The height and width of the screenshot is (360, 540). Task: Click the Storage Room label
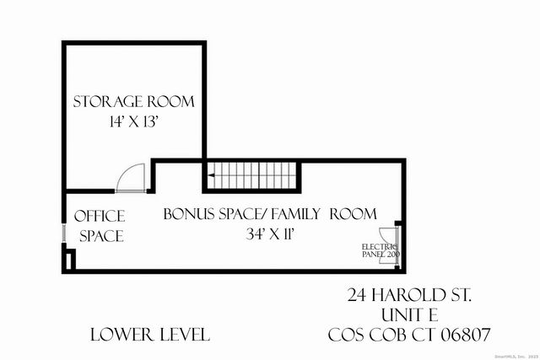pyautogui.click(x=133, y=102)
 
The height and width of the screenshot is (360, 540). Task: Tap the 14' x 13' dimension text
pyautogui.click(x=133, y=121)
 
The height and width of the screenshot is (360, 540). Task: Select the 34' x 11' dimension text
pyautogui.click(x=269, y=234)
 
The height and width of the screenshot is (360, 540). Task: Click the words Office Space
pyautogui.click(x=100, y=226)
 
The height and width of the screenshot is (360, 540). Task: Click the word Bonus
pyautogui.click(x=187, y=213)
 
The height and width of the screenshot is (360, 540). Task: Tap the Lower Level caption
pyautogui.click(x=150, y=335)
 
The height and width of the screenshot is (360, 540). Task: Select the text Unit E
pyautogui.click(x=409, y=314)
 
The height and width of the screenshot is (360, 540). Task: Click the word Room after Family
pyautogui.click(x=353, y=213)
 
